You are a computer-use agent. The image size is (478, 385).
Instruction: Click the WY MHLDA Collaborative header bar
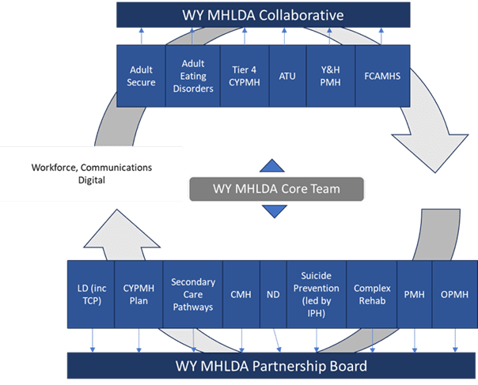[264, 15]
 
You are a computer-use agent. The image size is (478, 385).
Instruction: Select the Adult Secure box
[141, 76]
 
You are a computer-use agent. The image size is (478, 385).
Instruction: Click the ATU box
[287, 76]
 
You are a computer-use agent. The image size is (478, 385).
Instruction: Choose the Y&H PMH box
[330, 76]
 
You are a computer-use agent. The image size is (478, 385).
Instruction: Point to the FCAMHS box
[381, 76]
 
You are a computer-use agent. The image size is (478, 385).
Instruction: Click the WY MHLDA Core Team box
[275, 188]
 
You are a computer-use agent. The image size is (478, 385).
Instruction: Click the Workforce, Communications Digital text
[91, 174]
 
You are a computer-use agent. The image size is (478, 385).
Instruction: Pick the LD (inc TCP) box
[91, 294]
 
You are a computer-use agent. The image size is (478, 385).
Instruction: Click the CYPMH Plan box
[138, 294]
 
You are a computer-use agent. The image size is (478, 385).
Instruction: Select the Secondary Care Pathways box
[192, 294]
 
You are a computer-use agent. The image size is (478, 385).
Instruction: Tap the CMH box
[241, 294]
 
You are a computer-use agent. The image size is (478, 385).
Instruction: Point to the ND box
[273, 294]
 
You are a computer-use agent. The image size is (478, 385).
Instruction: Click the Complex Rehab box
[372, 294]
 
